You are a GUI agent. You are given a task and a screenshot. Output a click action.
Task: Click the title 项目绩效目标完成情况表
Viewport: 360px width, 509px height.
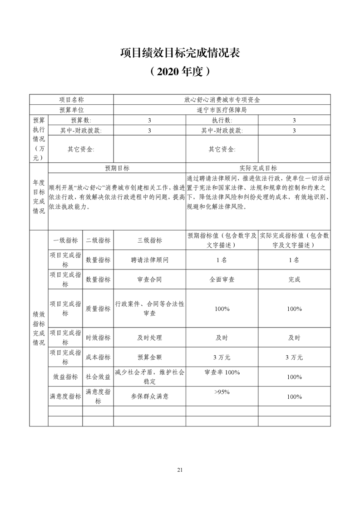[x=180, y=53]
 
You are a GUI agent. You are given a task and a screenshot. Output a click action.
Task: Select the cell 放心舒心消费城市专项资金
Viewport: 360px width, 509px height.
[x=222, y=99]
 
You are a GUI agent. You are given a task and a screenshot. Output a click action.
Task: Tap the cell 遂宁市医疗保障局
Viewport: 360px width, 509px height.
[x=222, y=109]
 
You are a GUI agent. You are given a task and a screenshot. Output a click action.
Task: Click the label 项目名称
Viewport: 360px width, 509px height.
[x=72, y=99]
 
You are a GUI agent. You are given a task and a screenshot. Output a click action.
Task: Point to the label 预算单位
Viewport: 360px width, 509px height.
[x=72, y=109]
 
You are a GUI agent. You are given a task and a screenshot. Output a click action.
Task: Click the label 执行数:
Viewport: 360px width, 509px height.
[x=222, y=120]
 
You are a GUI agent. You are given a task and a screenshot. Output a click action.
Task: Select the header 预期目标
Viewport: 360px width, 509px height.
[x=117, y=168]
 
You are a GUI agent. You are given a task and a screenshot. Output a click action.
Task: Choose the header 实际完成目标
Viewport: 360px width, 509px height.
[x=258, y=168]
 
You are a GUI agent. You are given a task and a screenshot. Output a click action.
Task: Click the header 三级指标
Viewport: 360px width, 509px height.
[x=149, y=240]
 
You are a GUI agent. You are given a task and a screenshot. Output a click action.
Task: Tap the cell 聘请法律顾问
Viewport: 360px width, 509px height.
[x=149, y=260]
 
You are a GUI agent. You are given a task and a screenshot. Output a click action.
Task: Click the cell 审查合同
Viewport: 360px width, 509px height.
[x=149, y=279]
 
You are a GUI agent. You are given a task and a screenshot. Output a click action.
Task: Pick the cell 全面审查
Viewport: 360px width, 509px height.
[x=222, y=279]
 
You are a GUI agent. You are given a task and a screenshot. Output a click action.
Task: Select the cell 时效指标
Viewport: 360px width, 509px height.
[x=98, y=338]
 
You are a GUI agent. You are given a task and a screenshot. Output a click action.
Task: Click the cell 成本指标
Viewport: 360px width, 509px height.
[x=98, y=357]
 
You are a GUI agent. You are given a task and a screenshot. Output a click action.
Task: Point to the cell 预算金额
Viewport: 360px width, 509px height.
[x=149, y=357]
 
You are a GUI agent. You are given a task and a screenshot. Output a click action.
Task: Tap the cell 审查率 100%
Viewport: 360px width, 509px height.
[x=222, y=372]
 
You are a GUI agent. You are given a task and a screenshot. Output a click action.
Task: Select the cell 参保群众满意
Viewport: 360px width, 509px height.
[x=149, y=396]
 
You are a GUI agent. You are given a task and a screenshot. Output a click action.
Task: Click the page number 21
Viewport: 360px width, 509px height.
[x=180, y=470]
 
